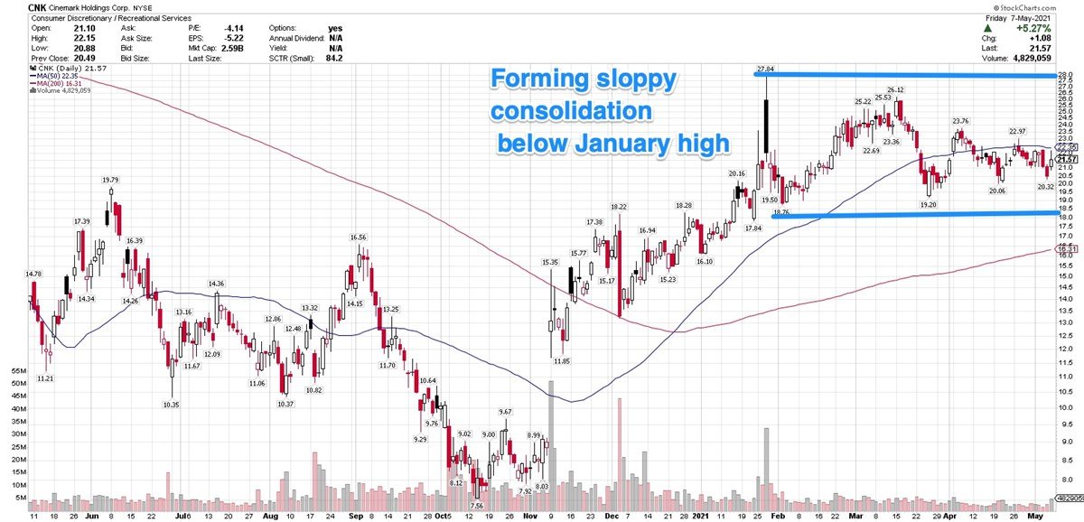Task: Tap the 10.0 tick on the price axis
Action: [1067, 406]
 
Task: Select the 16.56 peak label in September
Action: [359, 238]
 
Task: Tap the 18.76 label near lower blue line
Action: [780, 212]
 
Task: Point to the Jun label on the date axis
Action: [91, 515]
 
